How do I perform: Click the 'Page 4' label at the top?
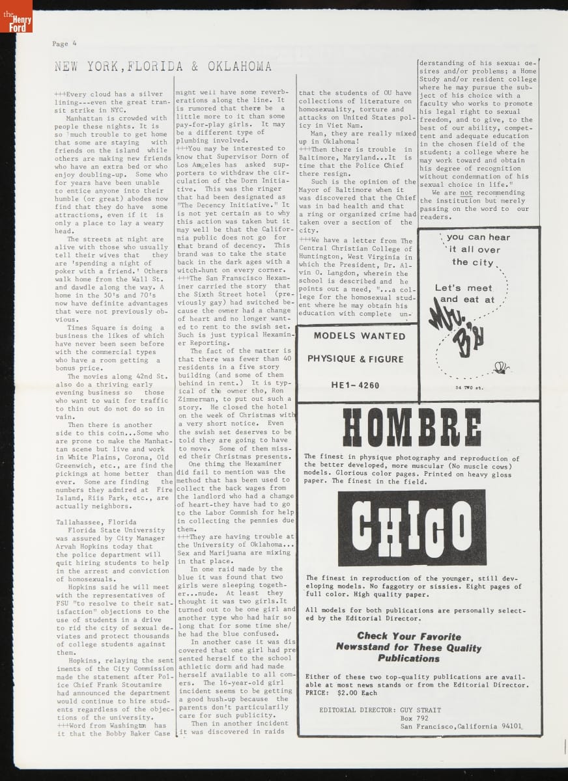pos(64,44)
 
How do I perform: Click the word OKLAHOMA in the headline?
pos(240,66)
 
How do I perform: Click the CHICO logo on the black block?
pos(411,528)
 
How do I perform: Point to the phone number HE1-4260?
pos(355,385)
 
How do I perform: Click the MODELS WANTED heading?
pos(359,336)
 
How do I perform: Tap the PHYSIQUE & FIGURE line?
pos(356,359)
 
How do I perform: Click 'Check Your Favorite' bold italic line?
pos(408,636)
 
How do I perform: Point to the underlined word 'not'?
pos(465,193)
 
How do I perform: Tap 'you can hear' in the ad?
pos(478,238)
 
